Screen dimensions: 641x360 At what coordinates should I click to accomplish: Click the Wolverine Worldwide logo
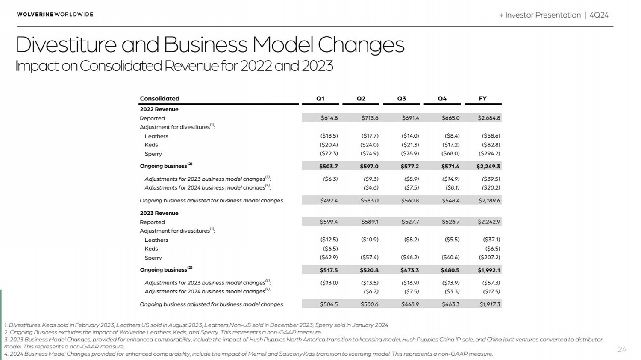(x=55, y=14)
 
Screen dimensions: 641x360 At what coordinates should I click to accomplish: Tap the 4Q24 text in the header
(x=599, y=15)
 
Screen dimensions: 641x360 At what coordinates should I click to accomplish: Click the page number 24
(x=622, y=349)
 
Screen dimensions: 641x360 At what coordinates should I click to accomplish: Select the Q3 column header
(x=402, y=98)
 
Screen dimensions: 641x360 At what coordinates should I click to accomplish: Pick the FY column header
(x=483, y=98)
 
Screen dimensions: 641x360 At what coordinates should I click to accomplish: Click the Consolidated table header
(x=160, y=98)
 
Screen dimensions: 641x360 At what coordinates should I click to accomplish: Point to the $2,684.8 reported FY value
(x=489, y=118)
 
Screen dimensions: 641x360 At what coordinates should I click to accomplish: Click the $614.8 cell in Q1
(x=329, y=118)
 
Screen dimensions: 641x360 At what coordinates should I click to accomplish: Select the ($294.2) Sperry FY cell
(x=489, y=154)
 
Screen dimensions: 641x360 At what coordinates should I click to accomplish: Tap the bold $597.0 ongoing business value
(x=369, y=166)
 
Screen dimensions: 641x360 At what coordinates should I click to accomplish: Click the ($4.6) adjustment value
(x=371, y=187)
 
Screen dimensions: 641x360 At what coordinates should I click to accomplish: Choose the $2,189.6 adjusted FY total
(x=489, y=200)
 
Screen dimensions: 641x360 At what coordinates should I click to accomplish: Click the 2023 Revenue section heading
(x=159, y=213)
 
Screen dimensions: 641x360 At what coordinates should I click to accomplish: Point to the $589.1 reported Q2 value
(x=370, y=222)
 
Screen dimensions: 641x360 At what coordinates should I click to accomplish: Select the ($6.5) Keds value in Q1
(x=330, y=249)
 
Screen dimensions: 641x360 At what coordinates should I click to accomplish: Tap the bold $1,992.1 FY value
(x=489, y=270)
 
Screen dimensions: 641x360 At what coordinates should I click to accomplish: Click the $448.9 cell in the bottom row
(x=410, y=304)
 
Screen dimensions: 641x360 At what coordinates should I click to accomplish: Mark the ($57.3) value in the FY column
(x=491, y=283)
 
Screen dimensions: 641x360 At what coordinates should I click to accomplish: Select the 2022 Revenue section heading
(x=159, y=109)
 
